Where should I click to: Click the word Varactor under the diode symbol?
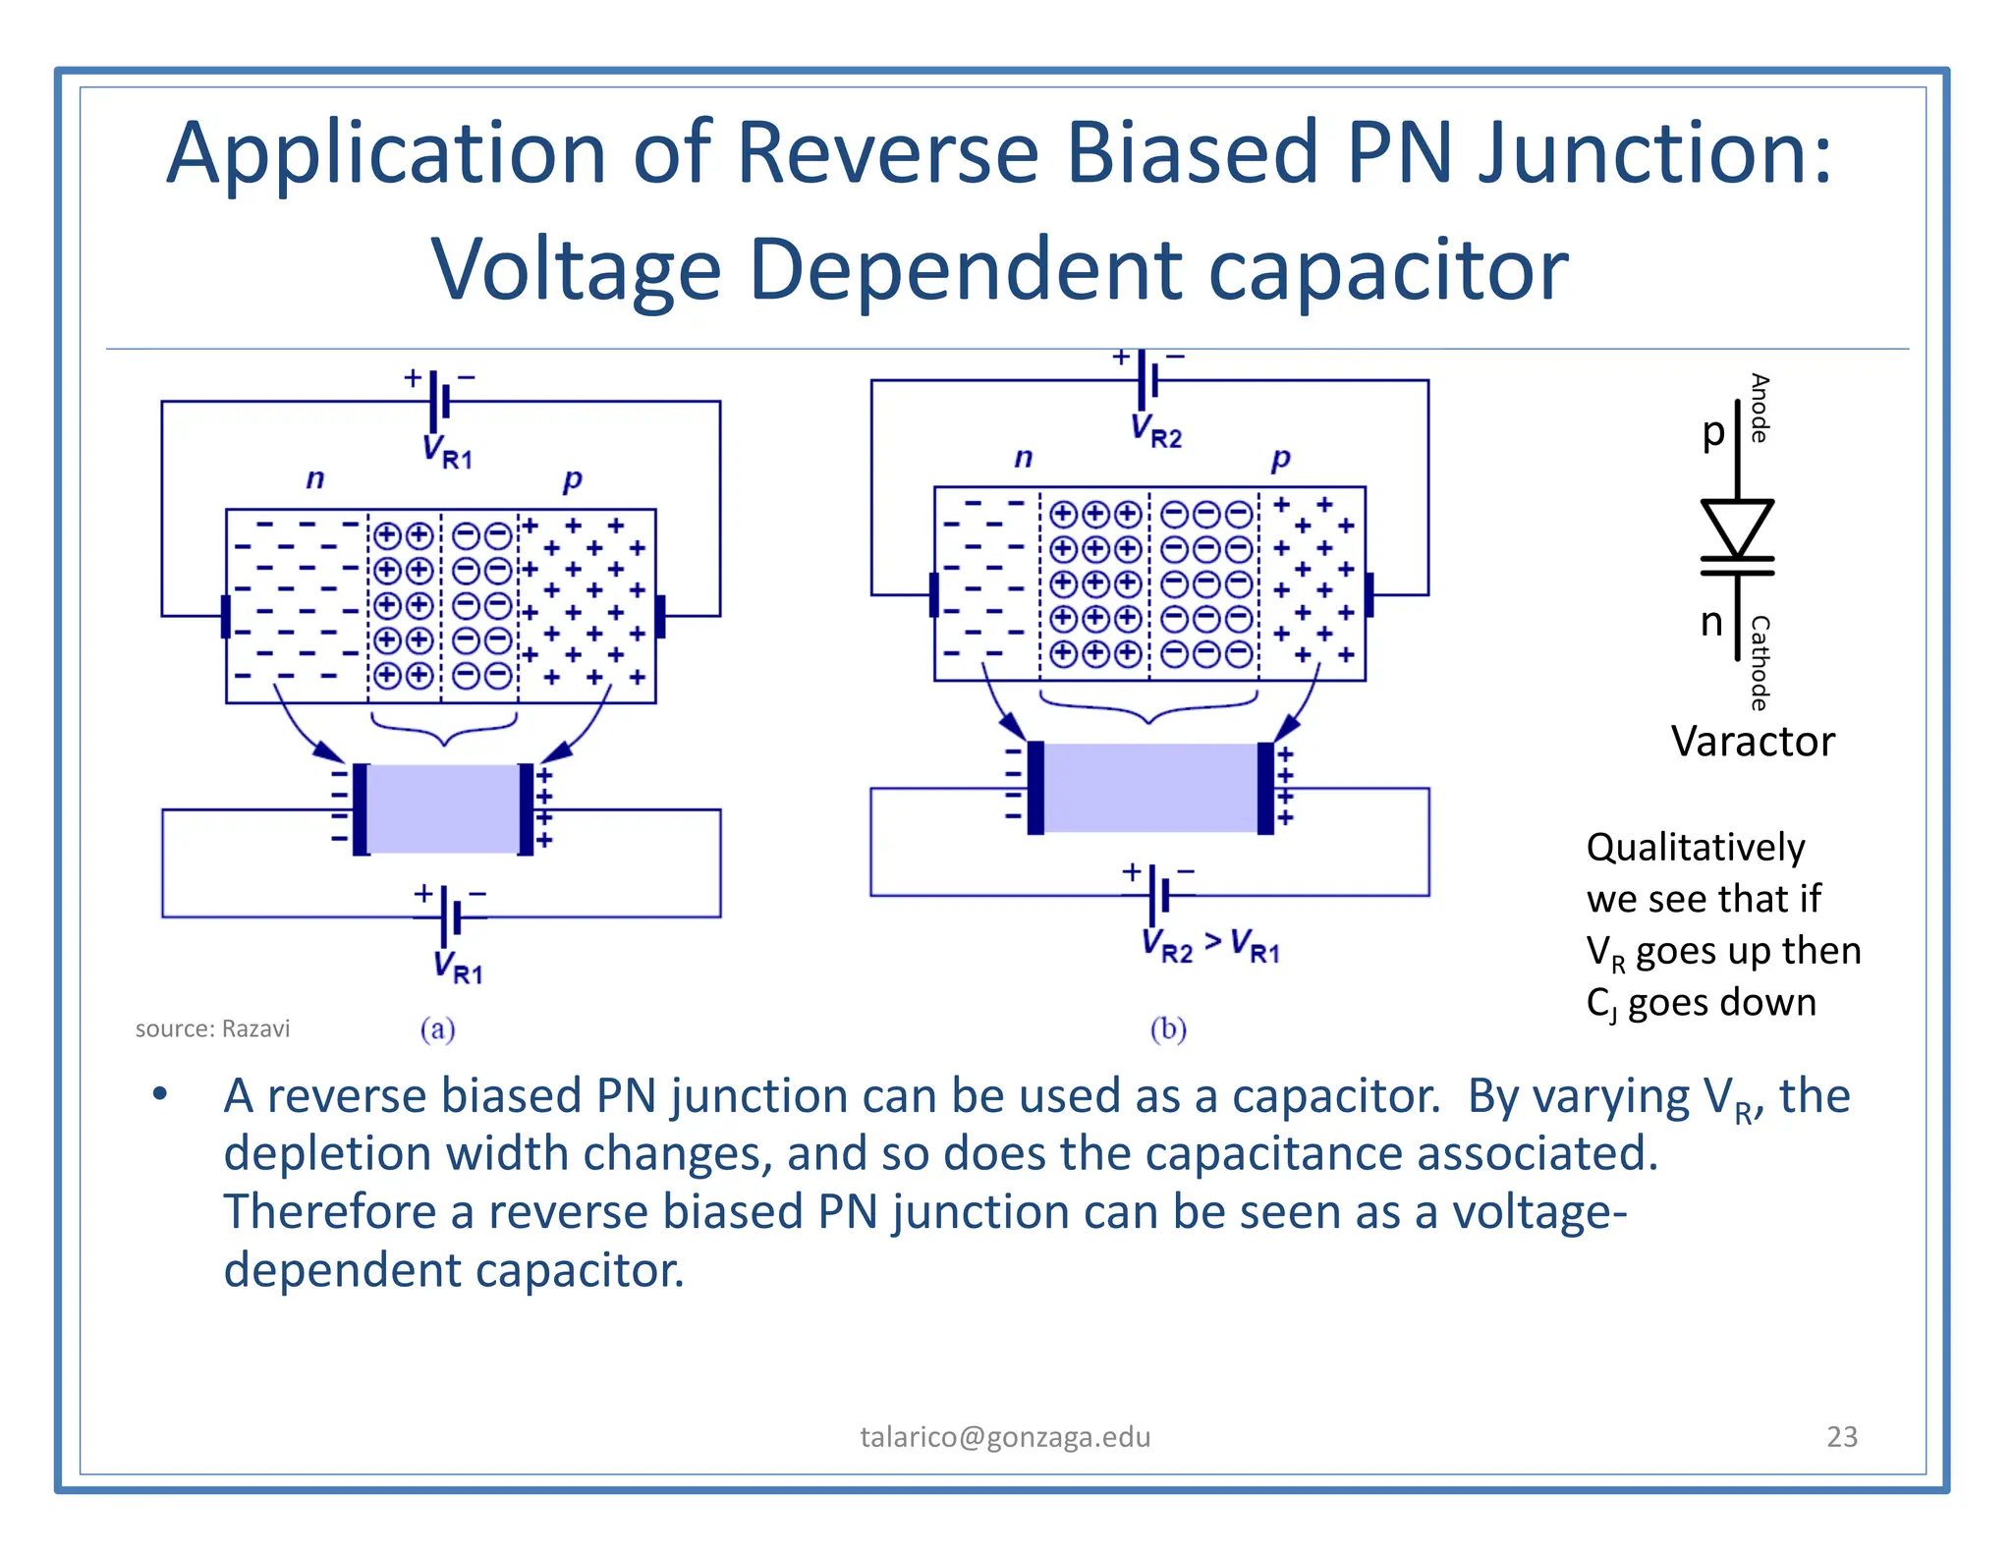tap(1752, 742)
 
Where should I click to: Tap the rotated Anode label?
tap(1760, 408)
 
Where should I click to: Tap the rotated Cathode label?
tap(1760, 662)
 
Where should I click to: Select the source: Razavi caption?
tap(212, 1028)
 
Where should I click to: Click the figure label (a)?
tap(437, 1028)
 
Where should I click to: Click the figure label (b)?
tap(1168, 1028)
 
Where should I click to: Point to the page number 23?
tap(1841, 1436)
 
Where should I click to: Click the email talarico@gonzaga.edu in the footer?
tap(1005, 1436)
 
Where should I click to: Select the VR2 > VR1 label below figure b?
tap(1210, 946)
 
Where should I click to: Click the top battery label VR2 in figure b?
tap(1155, 430)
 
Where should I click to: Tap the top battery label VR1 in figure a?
tap(447, 452)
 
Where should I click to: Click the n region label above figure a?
tap(314, 478)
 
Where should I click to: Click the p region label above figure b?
tap(1280, 458)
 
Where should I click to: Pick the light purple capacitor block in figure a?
tap(443, 808)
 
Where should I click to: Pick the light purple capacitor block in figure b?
tap(1149, 788)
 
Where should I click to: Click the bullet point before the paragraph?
tap(160, 1094)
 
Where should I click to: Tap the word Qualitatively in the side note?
tap(1696, 847)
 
